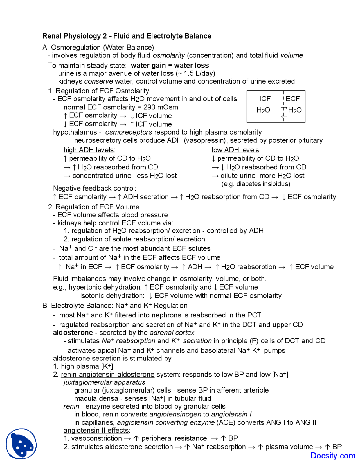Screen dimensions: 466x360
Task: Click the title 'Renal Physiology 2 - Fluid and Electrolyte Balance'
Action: pyautogui.click(x=127, y=36)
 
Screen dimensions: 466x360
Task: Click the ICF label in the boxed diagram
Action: pyautogui.click(x=265, y=99)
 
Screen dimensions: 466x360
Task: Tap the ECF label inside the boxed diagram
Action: pyautogui.click(x=293, y=99)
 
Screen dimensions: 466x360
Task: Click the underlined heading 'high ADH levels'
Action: pyautogui.click(x=89, y=150)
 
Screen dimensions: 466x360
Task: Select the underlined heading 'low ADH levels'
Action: pyautogui.click(x=235, y=150)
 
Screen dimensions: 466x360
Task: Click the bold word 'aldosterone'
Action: pyautogui.click(x=73, y=333)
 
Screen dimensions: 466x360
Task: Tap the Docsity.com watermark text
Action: pyautogui.click(x=333, y=456)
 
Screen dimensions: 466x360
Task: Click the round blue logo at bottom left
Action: pyautogui.click(x=21, y=444)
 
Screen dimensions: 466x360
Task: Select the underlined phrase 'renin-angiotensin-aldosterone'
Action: pyautogui.click(x=107, y=375)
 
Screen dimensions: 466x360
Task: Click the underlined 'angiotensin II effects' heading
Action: pyautogui.click(x=96, y=430)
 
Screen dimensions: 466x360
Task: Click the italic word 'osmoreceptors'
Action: pyautogui.click(x=129, y=132)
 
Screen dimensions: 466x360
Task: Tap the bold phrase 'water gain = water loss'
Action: pyautogui.click(x=170, y=66)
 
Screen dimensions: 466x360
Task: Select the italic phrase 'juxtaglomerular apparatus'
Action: pyautogui.click(x=104, y=382)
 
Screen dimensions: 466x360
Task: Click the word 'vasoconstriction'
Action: pyautogui.click(x=96, y=438)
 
